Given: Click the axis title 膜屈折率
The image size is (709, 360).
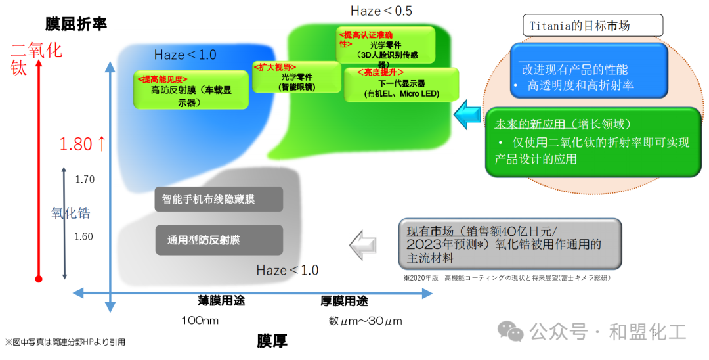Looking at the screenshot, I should pos(76,24).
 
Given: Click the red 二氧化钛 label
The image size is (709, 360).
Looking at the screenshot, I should pos(37,58).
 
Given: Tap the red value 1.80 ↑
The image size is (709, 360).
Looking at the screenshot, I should pos(83,145).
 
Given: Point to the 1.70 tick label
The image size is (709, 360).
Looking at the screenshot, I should pos(85,179).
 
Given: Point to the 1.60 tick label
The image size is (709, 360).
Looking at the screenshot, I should pos(83,236).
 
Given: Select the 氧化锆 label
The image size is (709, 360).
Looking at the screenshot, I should pos(71,212).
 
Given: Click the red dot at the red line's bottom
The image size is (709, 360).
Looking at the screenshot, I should pos(39,279).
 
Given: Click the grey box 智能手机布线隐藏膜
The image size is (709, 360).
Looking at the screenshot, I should pos(219,199).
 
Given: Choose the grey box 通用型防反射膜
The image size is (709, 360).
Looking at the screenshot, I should pos(219,240).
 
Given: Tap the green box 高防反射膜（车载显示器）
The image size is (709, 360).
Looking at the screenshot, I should pos(191,91).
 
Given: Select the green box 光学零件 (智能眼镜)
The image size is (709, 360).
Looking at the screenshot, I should pos(296,78).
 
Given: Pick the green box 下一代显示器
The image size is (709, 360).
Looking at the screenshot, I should pos(402,84).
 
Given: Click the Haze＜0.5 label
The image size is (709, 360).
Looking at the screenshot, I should pos(381,11).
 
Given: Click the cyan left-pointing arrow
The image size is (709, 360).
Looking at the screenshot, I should pos(468,113).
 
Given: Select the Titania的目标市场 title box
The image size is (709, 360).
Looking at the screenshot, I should pos(593,26).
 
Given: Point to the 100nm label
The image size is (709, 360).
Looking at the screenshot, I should pos(200,321).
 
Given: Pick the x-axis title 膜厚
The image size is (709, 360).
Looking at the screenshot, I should pos(272,341).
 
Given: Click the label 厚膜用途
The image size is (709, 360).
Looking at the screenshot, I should pos(344,302).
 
